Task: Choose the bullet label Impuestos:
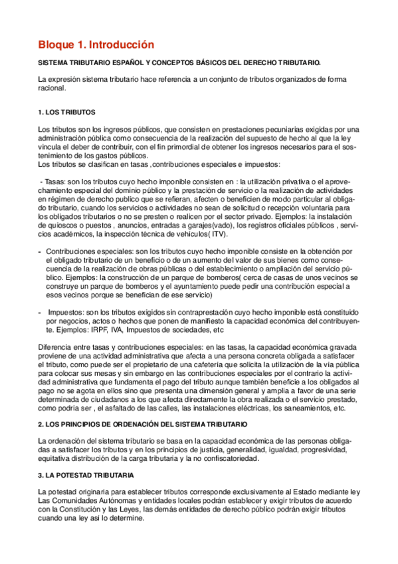66,312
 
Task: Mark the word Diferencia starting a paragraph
56,347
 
